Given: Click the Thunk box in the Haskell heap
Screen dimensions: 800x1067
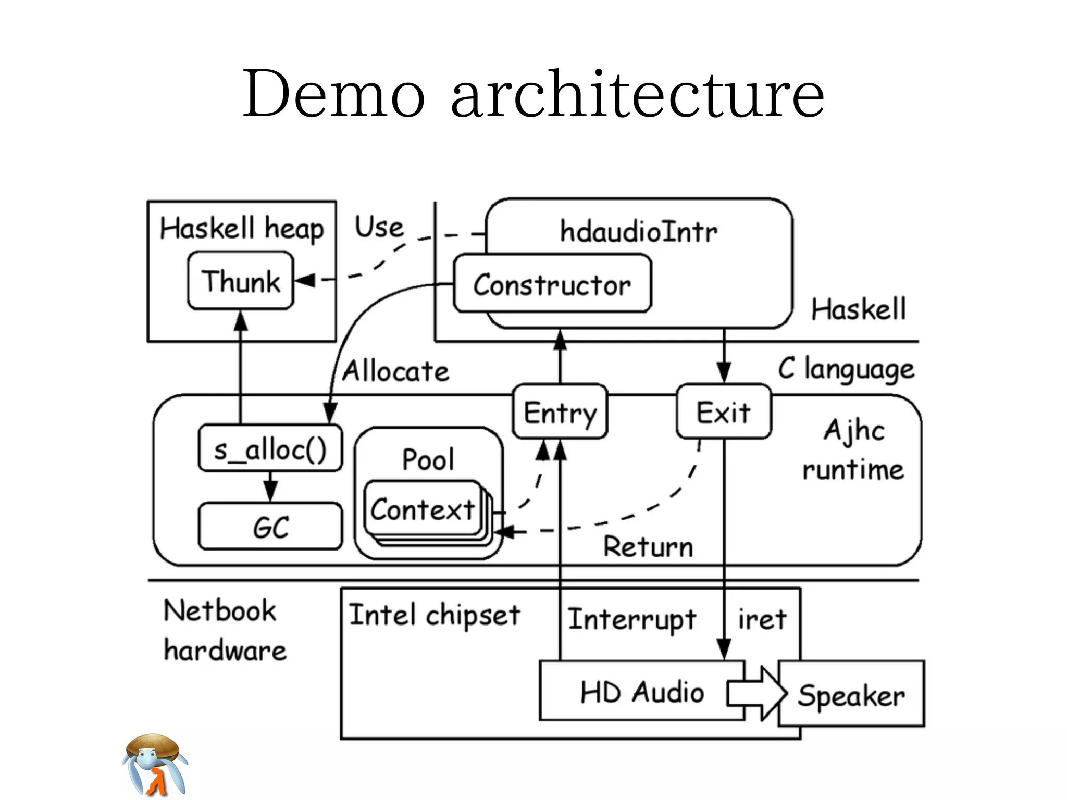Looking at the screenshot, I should coord(241,281).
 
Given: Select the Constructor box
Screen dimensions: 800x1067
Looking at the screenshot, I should coord(552,284).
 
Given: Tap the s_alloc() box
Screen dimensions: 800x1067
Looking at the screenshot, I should coord(270,448).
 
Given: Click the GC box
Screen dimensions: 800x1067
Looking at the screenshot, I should coord(270,526).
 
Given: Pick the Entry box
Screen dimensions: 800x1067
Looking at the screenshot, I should coord(560,412).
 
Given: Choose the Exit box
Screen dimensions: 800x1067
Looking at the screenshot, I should coord(723,412).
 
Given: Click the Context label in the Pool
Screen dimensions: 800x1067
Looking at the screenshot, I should coord(422,509).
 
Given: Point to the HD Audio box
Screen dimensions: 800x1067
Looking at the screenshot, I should coord(642,692).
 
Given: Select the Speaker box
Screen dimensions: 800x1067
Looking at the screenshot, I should coord(851,695).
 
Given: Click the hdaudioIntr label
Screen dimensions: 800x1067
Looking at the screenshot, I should coord(638,231).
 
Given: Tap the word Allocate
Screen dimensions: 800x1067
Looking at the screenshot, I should coord(395,371).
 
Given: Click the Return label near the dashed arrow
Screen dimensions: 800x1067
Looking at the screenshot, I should coord(648,546).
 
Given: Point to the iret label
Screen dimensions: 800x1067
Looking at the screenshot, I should coord(762,619).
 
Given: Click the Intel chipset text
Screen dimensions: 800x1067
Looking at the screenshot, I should coord(435,616).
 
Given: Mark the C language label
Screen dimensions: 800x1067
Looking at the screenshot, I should coord(846,369).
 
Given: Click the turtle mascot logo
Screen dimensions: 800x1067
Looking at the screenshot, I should coord(155,764).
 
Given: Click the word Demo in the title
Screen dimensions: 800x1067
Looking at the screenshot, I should coord(333,94).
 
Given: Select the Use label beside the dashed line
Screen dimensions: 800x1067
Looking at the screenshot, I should coord(379,227).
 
